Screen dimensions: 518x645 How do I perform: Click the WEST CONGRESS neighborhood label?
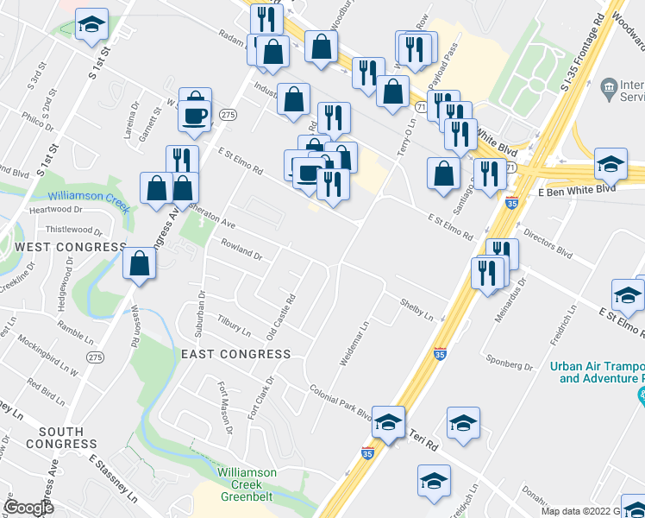pyautogui.click(x=70, y=248)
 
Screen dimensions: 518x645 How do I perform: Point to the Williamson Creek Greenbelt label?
pyautogui.click(x=247, y=484)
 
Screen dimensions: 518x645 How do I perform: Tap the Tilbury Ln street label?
pyautogui.click(x=234, y=325)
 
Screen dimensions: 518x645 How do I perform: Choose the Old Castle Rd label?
pyautogui.click(x=281, y=316)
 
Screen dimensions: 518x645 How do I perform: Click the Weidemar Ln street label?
pyautogui.click(x=354, y=343)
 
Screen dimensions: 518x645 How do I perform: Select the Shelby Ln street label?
pyautogui.click(x=416, y=309)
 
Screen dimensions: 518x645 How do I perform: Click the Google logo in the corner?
pyautogui.click(x=28, y=507)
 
